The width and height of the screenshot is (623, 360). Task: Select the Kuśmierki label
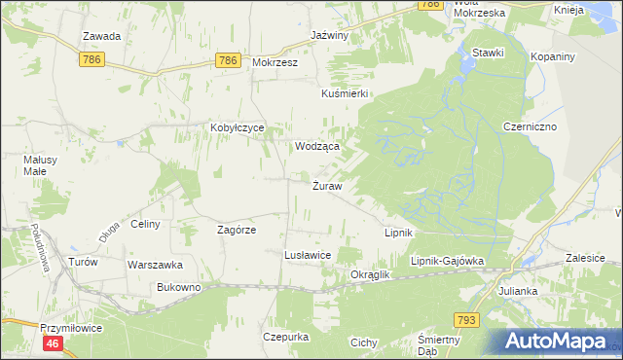click(344, 93)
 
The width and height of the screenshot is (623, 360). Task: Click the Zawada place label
click(101, 36)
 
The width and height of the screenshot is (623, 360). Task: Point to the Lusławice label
click(308, 254)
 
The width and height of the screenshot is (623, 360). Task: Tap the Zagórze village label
click(236, 230)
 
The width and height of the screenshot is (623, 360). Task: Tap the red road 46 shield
click(54, 343)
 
